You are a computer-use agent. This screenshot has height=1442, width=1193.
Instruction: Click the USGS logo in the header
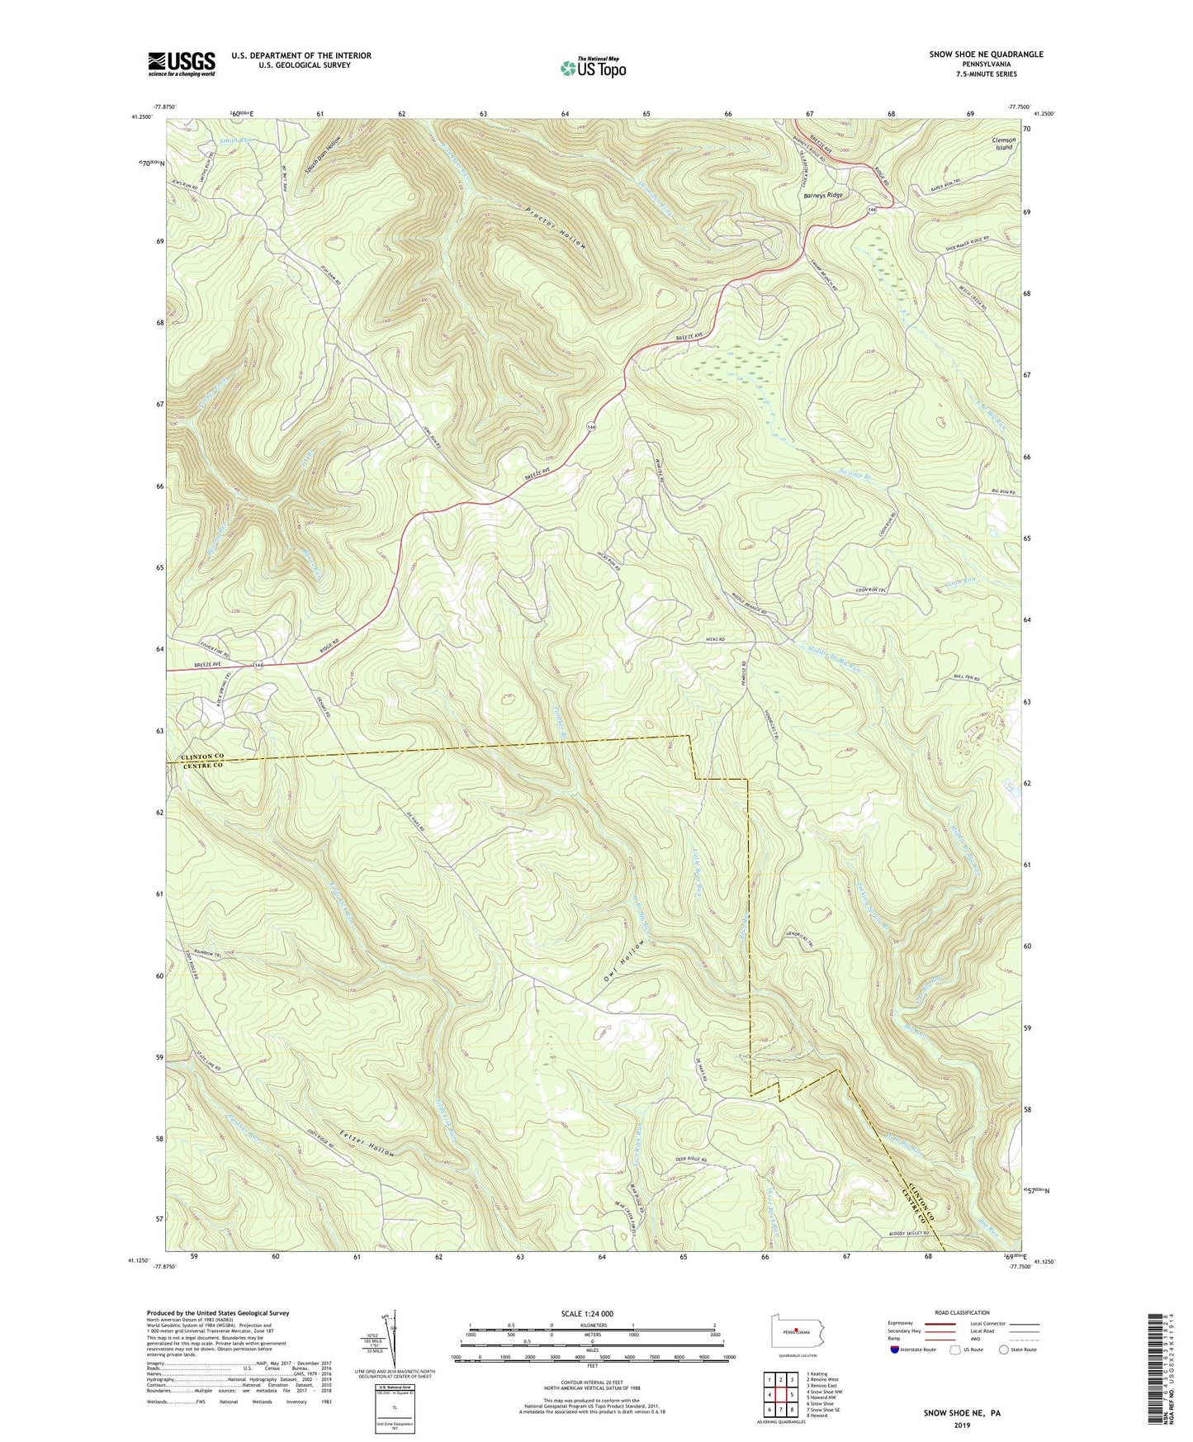click(182, 63)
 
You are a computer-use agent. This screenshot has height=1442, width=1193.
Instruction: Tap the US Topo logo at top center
click(592, 68)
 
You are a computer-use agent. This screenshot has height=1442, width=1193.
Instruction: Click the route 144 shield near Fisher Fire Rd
click(259, 666)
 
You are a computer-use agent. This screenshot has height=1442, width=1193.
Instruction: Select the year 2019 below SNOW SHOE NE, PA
click(961, 1425)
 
